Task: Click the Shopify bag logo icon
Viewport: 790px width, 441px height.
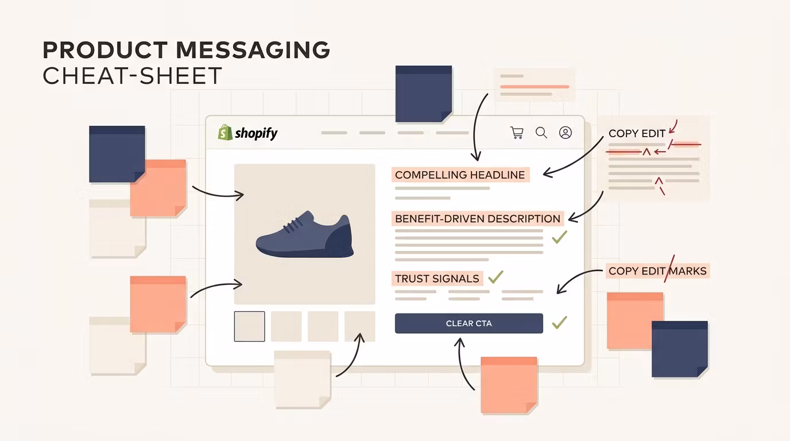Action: [225, 132]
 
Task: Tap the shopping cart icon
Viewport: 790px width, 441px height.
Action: [517, 133]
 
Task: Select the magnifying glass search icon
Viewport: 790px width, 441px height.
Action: [541, 133]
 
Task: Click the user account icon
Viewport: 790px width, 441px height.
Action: [566, 133]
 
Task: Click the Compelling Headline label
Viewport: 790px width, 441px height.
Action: [460, 175]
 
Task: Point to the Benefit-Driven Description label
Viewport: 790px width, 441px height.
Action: [478, 219]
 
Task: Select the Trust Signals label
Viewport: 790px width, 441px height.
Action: [437, 278]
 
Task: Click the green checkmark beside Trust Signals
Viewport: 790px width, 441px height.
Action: [495, 277]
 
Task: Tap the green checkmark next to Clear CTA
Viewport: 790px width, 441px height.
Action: [559, 322]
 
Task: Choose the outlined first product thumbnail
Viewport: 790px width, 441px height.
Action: [249, 326]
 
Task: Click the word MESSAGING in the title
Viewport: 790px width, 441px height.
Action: [253, 50]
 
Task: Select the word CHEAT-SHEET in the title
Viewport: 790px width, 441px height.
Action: [132, 75]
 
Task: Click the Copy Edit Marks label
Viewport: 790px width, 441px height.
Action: [657, 271]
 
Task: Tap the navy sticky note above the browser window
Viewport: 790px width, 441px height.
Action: [424, 94]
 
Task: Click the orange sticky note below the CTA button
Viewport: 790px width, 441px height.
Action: [509, 385]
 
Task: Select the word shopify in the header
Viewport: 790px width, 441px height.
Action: [257, 133]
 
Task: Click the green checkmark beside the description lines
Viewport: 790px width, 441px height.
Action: [559, 237]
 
